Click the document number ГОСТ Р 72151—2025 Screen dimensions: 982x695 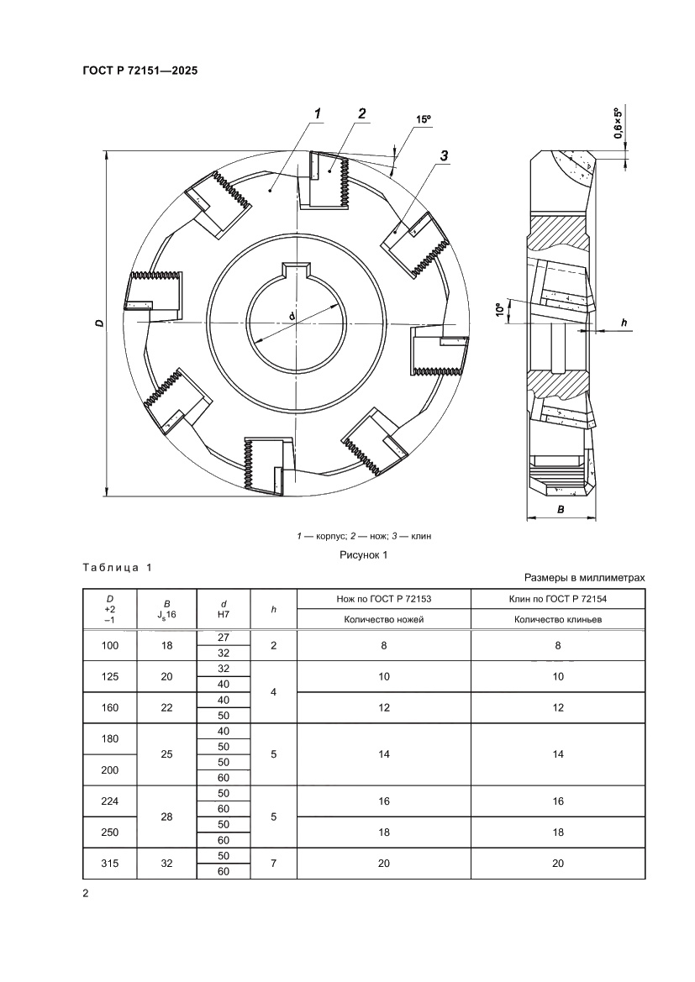coord(140,71)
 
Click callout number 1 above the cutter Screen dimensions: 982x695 coord(319,113)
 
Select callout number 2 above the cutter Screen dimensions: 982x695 coord(361,113)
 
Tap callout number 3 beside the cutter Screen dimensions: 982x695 coord(444,155)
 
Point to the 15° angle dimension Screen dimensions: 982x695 coord(423,120)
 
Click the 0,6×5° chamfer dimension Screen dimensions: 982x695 coord(618,123)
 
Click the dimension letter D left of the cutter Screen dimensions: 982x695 coord(98,323)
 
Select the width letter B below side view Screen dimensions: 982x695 coord(561,509)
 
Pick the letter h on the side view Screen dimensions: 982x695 coord(623,322)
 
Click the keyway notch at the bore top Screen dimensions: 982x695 coord(297,270)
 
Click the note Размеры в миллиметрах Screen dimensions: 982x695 coord(584,578)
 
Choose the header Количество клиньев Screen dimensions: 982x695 coord(557,620)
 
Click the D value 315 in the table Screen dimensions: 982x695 coord(110,863)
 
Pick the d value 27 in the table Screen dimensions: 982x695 coord(224,638)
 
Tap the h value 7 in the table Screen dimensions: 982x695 coord(274,863)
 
